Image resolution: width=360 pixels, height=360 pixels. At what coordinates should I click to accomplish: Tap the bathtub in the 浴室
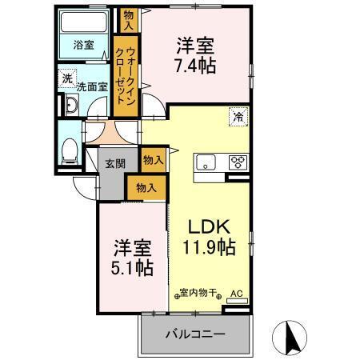point(85,25)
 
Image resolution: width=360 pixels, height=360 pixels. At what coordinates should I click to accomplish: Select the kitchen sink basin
point(207,162)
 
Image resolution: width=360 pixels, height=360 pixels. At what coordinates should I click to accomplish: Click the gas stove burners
point(238,162)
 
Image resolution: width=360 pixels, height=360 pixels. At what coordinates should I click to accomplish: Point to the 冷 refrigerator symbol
point(238,117)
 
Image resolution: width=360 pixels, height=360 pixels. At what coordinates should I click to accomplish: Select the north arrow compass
point(291,335)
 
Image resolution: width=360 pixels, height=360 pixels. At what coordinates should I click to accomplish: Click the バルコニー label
point(195,334)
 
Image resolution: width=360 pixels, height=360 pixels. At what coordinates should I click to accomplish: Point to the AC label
point(236,294)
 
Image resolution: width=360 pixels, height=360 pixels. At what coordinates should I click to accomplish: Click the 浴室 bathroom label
point(83,45)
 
